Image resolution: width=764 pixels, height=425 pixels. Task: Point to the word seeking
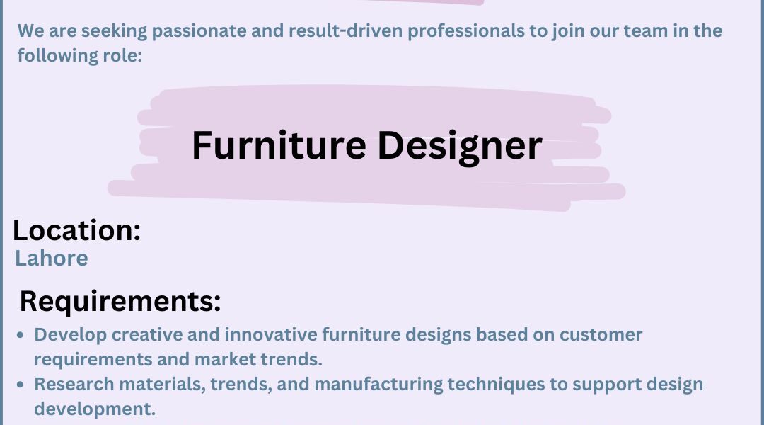pos(114,31)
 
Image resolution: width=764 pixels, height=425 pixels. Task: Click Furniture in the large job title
pos(279,145)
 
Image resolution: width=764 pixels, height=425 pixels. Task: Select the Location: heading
pos(76,229)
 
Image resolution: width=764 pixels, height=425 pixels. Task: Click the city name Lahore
pos(52,258)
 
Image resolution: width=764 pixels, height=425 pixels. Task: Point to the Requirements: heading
pos(120,301)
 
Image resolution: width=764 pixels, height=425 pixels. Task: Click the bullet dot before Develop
pos(20,335)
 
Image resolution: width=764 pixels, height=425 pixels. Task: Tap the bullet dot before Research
pos(20,385)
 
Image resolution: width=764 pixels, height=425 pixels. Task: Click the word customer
pos(601,335)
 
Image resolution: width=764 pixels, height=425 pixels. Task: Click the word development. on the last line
pos(95,409)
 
